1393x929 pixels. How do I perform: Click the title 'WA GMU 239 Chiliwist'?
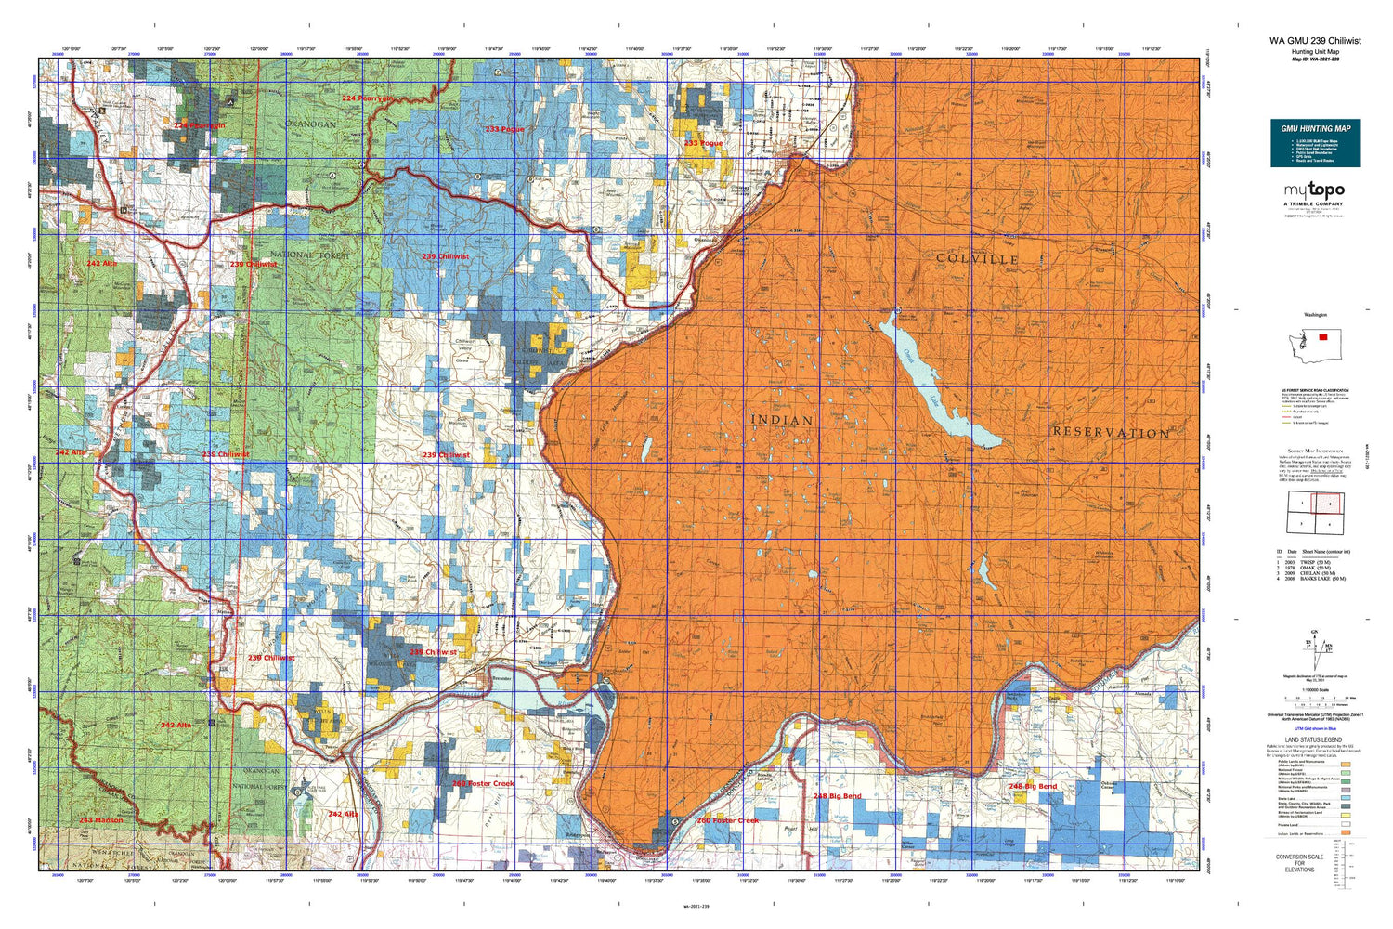(1315, 41)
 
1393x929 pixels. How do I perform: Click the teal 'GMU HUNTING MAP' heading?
(1315, 128)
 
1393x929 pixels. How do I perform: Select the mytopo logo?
(1315, 190)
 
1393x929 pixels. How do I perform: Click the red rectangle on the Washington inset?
(1324, 337)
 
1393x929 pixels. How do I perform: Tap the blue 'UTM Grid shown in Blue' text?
(1315, 729)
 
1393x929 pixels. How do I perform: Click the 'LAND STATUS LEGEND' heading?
(1315, 740)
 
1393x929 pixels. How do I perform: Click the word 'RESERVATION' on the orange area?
(1111, 433)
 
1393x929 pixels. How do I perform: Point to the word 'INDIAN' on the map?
(781, 420)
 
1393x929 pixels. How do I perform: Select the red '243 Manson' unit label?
(100, 820)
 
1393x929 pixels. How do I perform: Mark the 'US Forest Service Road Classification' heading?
(1315, 390)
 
